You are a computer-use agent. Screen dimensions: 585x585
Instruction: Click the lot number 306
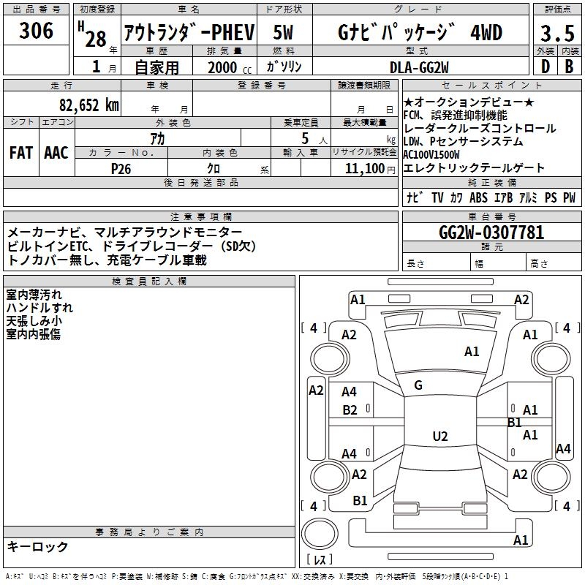37,31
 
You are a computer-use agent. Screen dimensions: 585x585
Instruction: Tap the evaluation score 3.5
556,34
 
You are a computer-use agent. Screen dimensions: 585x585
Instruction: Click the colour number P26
121,168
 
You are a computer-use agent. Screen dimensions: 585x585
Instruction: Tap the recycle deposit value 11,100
363,168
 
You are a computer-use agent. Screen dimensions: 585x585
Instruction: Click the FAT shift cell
21,153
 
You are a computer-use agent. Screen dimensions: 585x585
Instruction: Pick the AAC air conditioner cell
56,153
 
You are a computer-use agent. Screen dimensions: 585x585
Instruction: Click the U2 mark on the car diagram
440,437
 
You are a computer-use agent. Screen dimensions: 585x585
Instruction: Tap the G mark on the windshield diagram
418,385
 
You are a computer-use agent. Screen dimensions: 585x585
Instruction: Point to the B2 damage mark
350,410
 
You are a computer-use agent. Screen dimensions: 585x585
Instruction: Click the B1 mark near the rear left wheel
360,501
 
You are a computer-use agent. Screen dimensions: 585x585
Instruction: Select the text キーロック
38,546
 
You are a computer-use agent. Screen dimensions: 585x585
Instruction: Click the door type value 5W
284,34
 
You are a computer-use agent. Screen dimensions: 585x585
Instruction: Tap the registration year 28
96,38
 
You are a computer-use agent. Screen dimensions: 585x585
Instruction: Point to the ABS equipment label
478,198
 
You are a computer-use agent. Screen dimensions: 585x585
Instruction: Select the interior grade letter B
569,67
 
